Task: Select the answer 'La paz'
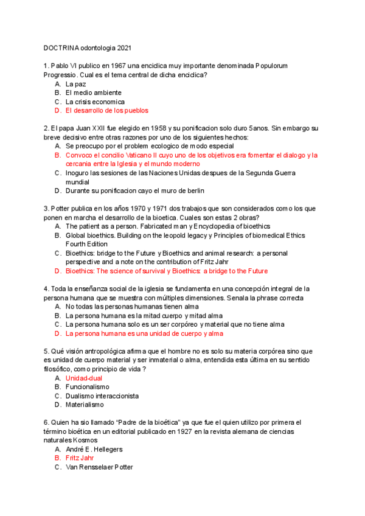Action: (76, 84)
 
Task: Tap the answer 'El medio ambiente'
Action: (93, 92)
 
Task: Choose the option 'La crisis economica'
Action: (95, 102)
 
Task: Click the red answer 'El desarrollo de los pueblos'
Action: (106, 111)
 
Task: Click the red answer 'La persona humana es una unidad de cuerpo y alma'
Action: (144, 333)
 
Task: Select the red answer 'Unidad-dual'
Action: (85, 378)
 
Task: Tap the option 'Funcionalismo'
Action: (87, 387)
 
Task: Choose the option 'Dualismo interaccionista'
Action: (102, 396)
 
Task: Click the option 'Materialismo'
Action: (85, 405)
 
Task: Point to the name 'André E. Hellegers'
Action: (94, 449)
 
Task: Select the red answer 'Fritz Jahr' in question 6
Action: (80, 458)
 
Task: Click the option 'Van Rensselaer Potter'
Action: (99, 467)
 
